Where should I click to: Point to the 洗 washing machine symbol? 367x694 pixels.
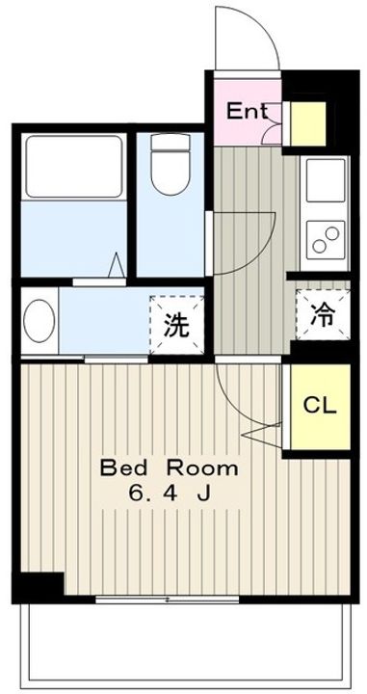(176, 324)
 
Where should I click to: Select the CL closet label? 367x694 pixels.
(321, 406)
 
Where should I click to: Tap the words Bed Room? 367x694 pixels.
(169, 468)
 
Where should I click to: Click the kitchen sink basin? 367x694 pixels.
(326, 180)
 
